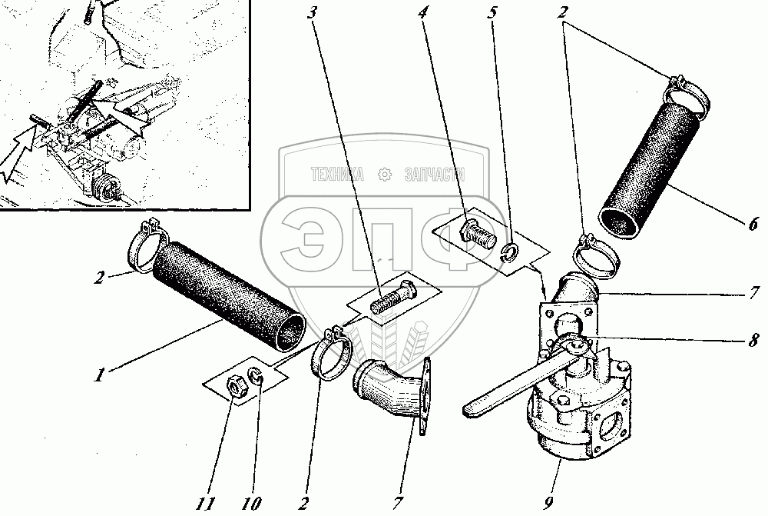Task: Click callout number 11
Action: pyautogui.click(x=206, y=503)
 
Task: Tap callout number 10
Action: pyautogui.click(x=251, y=503)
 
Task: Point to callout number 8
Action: pyautogui.click(x=753, y=339)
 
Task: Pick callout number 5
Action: pyautogui.click(x=492, y=12)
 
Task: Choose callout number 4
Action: pyautogui.click(x=422, y=12)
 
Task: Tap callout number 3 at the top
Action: pyautogui.click(x=312, y=12)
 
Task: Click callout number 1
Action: pyautogui.click(x=99, y=375)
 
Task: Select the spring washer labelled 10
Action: pyautogui.click(x=255, y=377)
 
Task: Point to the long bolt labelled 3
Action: pyautogui.click(x=392, y=298)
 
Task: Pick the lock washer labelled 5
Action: pyautogui.click(x=511, y=252)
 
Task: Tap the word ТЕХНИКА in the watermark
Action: pyautogui.click(x=337, y=175)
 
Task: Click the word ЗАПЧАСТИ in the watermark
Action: pyautogui.click(x=435, y=175)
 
